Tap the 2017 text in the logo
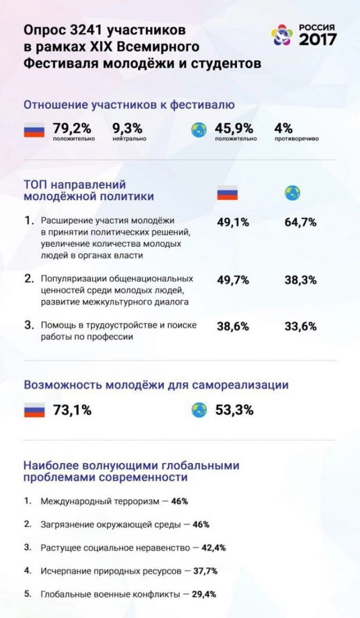[317, 39]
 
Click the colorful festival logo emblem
[284, 35]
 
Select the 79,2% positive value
[73, 127]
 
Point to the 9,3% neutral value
[127, 127]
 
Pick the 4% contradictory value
[284, 127]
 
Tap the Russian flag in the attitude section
[34, 131]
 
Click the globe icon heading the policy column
[292, 193]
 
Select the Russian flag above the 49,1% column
[228, 193]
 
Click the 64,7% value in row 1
[300, 222]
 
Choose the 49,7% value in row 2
[233, 280]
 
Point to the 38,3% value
[300, 280]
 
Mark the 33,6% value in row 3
[300, 326]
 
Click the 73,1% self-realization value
[72, 410]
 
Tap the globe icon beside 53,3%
[199, 410]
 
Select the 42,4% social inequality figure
[213, 547]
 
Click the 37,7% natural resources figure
[205, 571]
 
